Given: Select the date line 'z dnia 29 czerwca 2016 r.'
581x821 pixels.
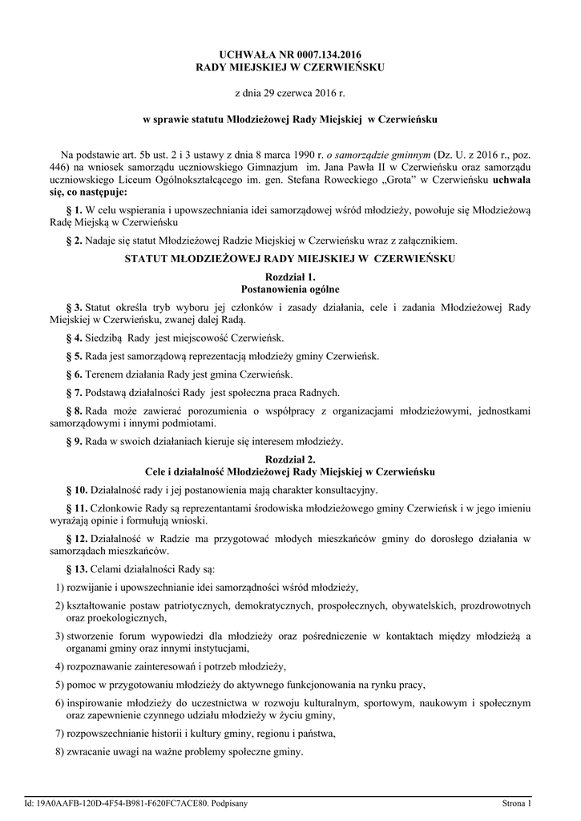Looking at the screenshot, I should click(x=290, y=94).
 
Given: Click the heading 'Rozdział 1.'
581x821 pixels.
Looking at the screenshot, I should click(x=290, y=276).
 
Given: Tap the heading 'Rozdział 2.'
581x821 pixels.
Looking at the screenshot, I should click(x=290, y=459).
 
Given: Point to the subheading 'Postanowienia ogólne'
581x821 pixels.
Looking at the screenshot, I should click(x=290, y=288).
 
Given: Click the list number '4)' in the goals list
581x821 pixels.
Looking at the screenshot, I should click(x=59, y=666).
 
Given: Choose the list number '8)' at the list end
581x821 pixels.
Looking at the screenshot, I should click(x=59, y=752).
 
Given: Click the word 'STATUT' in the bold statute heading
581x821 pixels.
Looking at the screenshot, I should click(x=149, y=258).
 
